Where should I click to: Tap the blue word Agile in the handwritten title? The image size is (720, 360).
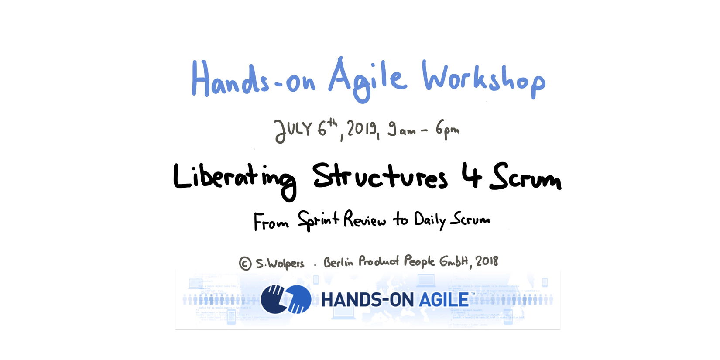pyautogui.click(x=367, y=80)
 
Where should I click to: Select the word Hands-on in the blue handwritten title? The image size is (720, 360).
pyautogui.click(x=253, y=78)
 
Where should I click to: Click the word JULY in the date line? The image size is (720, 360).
pyautogui.click(x=293, y=130)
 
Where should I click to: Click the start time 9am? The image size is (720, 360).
pyautogui.click(x=402, y=129)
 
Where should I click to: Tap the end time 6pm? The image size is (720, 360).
pyautogui.click(x=447, y=129)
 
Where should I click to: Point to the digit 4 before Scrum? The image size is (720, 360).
pyautogui.click(x=472, y=175)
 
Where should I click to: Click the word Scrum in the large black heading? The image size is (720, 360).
pyautogui.click(x=525, y=176)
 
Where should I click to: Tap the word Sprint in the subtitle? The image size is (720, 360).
pyautogui.click(x=318, y=220)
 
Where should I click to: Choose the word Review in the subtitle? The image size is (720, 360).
pyautogui.click(x=364, y=219)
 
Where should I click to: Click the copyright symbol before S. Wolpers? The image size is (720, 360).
pyautogui.click(x=245, y=264)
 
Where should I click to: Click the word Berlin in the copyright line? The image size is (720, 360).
pyautogui.click(x=338, y=262)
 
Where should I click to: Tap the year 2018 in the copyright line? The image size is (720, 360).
pyautogui.click(x=487, y=261)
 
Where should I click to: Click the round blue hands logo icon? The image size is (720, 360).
pyautogui.click(x=286, y=299)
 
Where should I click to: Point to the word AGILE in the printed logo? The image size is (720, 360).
pyautogui.click(x=444, y=300)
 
